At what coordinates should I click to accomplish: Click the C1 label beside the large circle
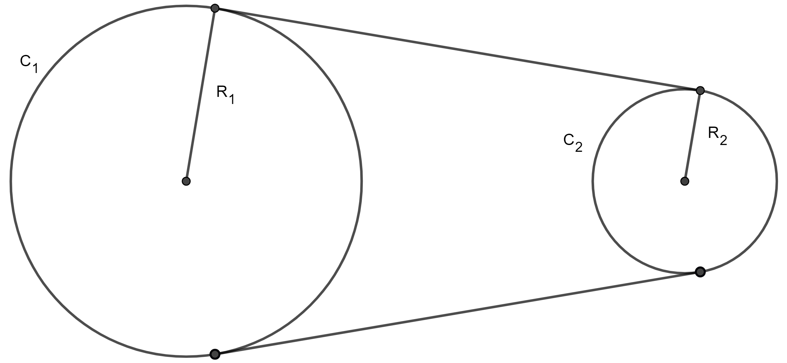click(29, 64)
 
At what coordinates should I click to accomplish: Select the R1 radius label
click(226, 95)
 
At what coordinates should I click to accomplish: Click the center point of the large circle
click(186, 181)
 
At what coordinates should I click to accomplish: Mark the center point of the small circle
click(685, 181)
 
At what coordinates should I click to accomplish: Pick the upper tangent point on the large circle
click(215, 8)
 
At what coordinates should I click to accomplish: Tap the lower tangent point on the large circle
click(215, 354)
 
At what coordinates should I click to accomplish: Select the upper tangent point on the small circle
click(700, 90)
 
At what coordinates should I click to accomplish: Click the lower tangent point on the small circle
click(700, 272)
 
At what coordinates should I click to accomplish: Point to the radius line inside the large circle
click(200, 97)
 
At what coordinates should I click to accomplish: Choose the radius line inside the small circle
click(692, 136)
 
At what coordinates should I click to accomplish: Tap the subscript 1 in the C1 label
click(35, 68)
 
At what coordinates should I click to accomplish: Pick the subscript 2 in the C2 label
click(579, 148)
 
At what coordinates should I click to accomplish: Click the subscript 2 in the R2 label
click(723, 140)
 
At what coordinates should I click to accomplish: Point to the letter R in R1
click(222, 92)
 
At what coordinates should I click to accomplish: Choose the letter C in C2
click(569, 140)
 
